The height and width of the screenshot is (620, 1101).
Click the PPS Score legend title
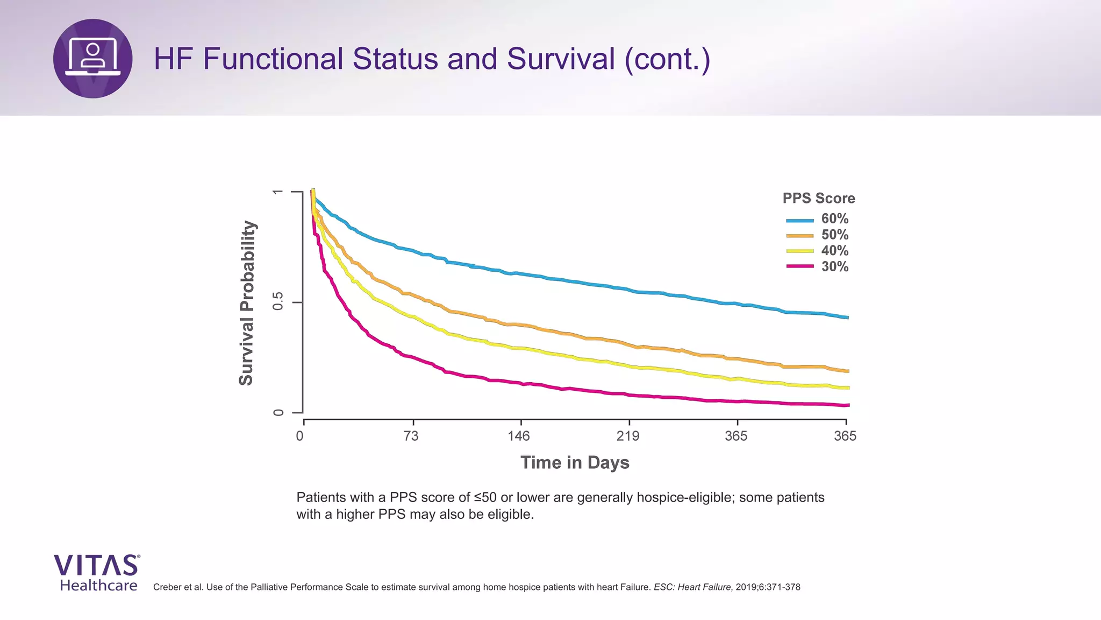(x=818, y=199)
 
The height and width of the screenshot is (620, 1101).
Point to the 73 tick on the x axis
(x=411, y=436)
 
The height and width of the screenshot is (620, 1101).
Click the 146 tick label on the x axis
(x=519, y=436)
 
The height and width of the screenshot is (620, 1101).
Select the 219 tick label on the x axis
(x=628, y=436)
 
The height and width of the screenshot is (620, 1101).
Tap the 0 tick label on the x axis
(x=300, y=436)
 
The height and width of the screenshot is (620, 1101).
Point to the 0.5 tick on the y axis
(x=278, y=302)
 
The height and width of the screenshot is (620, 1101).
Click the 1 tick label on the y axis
(x=278, y=192)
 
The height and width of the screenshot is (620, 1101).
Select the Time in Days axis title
(x=575, y=463)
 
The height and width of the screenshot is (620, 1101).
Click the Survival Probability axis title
(x=246, y=303)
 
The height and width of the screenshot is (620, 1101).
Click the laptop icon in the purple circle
(x=93, y=58)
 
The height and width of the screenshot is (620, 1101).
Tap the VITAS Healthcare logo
(x=97, y=573)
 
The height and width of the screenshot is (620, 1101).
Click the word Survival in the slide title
(x=560, y=59)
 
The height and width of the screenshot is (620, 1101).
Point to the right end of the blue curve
(x=847, y=318)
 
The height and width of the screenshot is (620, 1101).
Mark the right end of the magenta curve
(x=848, y=405)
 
